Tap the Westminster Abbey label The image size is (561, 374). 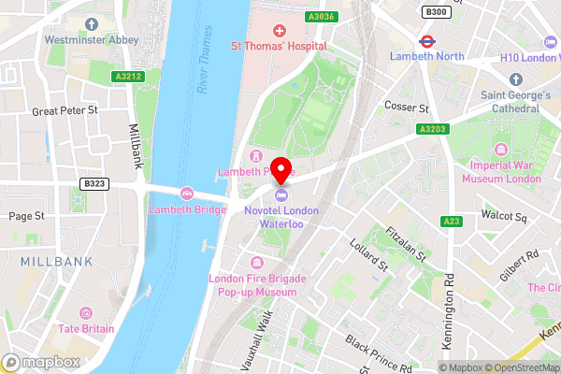pyautogui.click(x=92, y=39)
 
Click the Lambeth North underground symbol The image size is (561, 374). pyautogui.click(x=425, y=41)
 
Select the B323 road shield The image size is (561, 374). pyautogui.click(x=93, y=185)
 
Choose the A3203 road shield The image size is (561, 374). pyautogui.click(x=432, y=129)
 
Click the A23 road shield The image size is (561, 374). pyautogui.click(x=451, y=222)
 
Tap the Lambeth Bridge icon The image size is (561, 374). pyautogui.click(x=187, y=194)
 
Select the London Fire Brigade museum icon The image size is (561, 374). pyautogui.click(x=258, y=263)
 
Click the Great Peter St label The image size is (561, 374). pyautogui.click(x=65, y=110)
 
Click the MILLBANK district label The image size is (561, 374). pyautogui.click(x=56, y=262)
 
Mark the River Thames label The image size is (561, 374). pyautogui.click(x=207, y=71)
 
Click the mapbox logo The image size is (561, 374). pyautogui.click(x=41, y=362)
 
